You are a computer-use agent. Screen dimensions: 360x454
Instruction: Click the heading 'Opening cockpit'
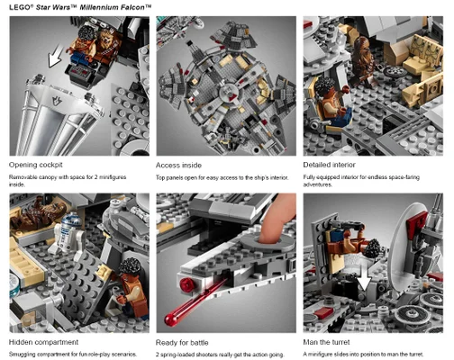click(x=37, y=165)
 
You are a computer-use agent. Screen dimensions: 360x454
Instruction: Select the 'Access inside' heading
click(x=179, y=165)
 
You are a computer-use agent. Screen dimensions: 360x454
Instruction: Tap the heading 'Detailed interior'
click(x=330, y=165)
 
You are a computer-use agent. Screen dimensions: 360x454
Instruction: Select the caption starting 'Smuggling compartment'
click(x=72, y=355)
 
